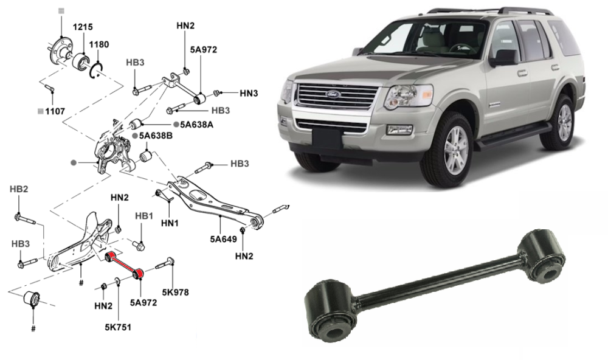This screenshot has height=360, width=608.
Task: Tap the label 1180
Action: pos(99,44)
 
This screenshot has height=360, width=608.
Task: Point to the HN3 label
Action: pos(249,94)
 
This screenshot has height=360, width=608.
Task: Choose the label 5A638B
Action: pos(156,136)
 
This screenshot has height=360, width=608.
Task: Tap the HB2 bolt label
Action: pos(19,190)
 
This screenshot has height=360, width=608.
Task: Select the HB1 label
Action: pos(143,216)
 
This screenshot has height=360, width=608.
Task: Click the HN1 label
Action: pos(169,223)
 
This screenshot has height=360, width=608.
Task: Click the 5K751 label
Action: pos(117,327)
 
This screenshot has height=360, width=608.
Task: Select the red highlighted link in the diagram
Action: pos(124,266)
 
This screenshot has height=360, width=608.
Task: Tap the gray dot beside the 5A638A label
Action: pos(176,123)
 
